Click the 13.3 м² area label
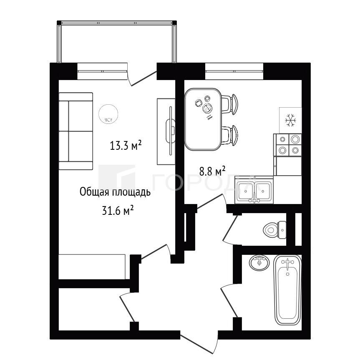[126, 145]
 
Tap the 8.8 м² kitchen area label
[212, 171]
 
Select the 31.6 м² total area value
[118, 210]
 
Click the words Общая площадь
[115, 192]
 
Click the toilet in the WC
[274, 229]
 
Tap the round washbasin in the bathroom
[259, 263]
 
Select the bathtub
[288, 290]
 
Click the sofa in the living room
[76, 131]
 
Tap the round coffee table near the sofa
[108, 114]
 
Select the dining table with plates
[203, 119]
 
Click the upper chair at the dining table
[230, 104]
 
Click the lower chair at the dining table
[230, 135]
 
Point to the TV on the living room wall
[170, 131]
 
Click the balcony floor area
[117, 43]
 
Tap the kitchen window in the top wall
[234, 68]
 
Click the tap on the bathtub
[287, 263]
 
